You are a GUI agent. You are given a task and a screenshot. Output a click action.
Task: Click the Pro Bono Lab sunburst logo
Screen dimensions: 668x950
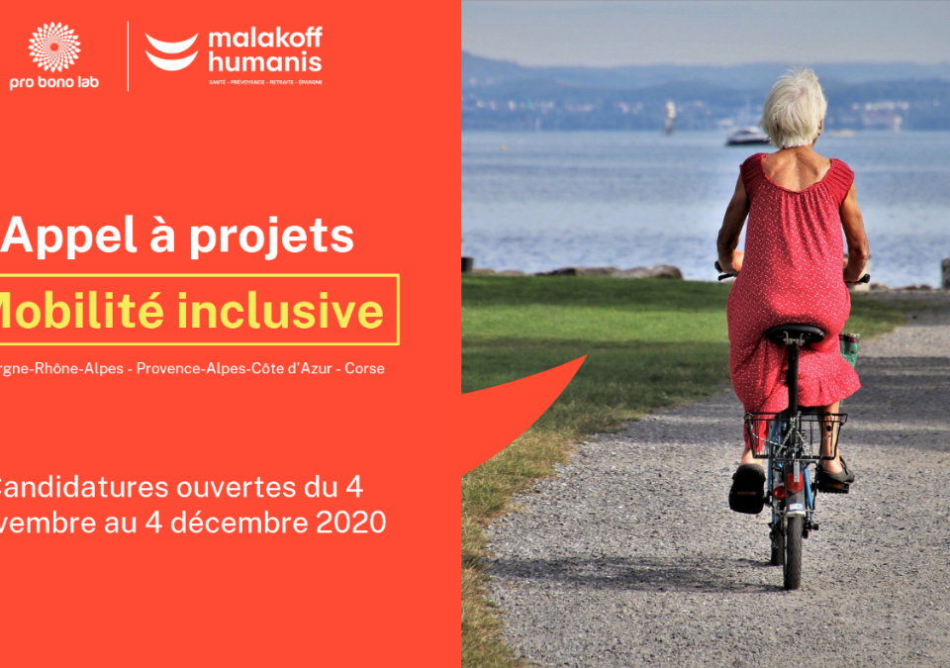click(x=54, y=46)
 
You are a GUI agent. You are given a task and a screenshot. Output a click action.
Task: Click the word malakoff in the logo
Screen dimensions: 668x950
click(x=264, y=40)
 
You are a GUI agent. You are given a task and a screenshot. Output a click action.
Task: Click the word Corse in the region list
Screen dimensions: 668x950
click(x=365, y=368)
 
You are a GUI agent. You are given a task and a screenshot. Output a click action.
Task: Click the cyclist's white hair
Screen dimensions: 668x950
click(x=795, y=107)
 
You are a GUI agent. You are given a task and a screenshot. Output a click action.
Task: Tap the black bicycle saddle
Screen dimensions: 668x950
click(x=794, y=334)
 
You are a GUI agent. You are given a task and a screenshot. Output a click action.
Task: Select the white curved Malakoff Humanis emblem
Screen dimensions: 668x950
click(x=172, y=50)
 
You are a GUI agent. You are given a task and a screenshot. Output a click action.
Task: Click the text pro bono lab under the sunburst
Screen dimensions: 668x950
click(x=54, y=83)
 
